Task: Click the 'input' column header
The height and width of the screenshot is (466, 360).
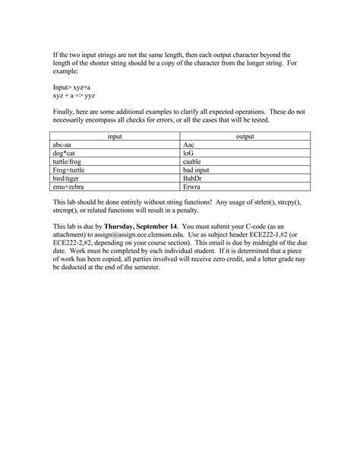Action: pos(115,136)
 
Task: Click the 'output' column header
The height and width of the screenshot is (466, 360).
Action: pos(245,136)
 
